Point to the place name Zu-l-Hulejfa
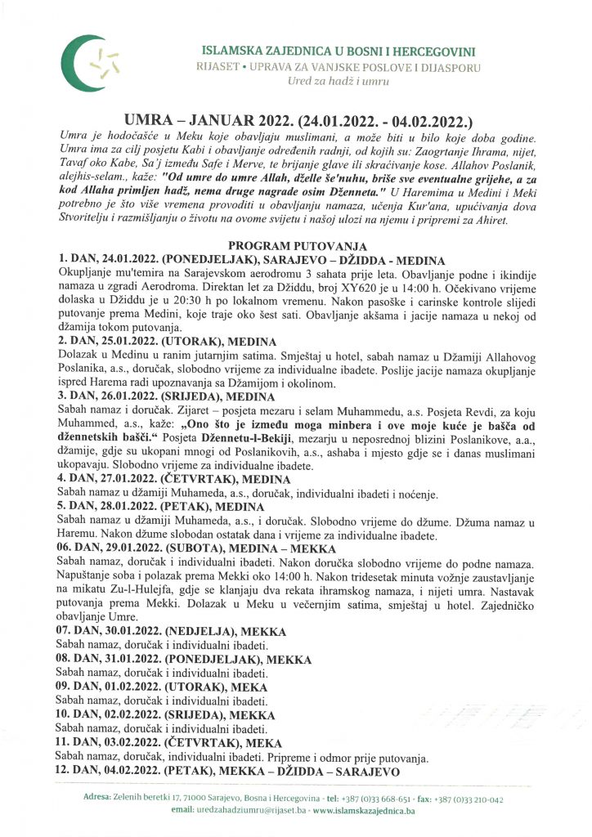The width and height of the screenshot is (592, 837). [151, 591]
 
